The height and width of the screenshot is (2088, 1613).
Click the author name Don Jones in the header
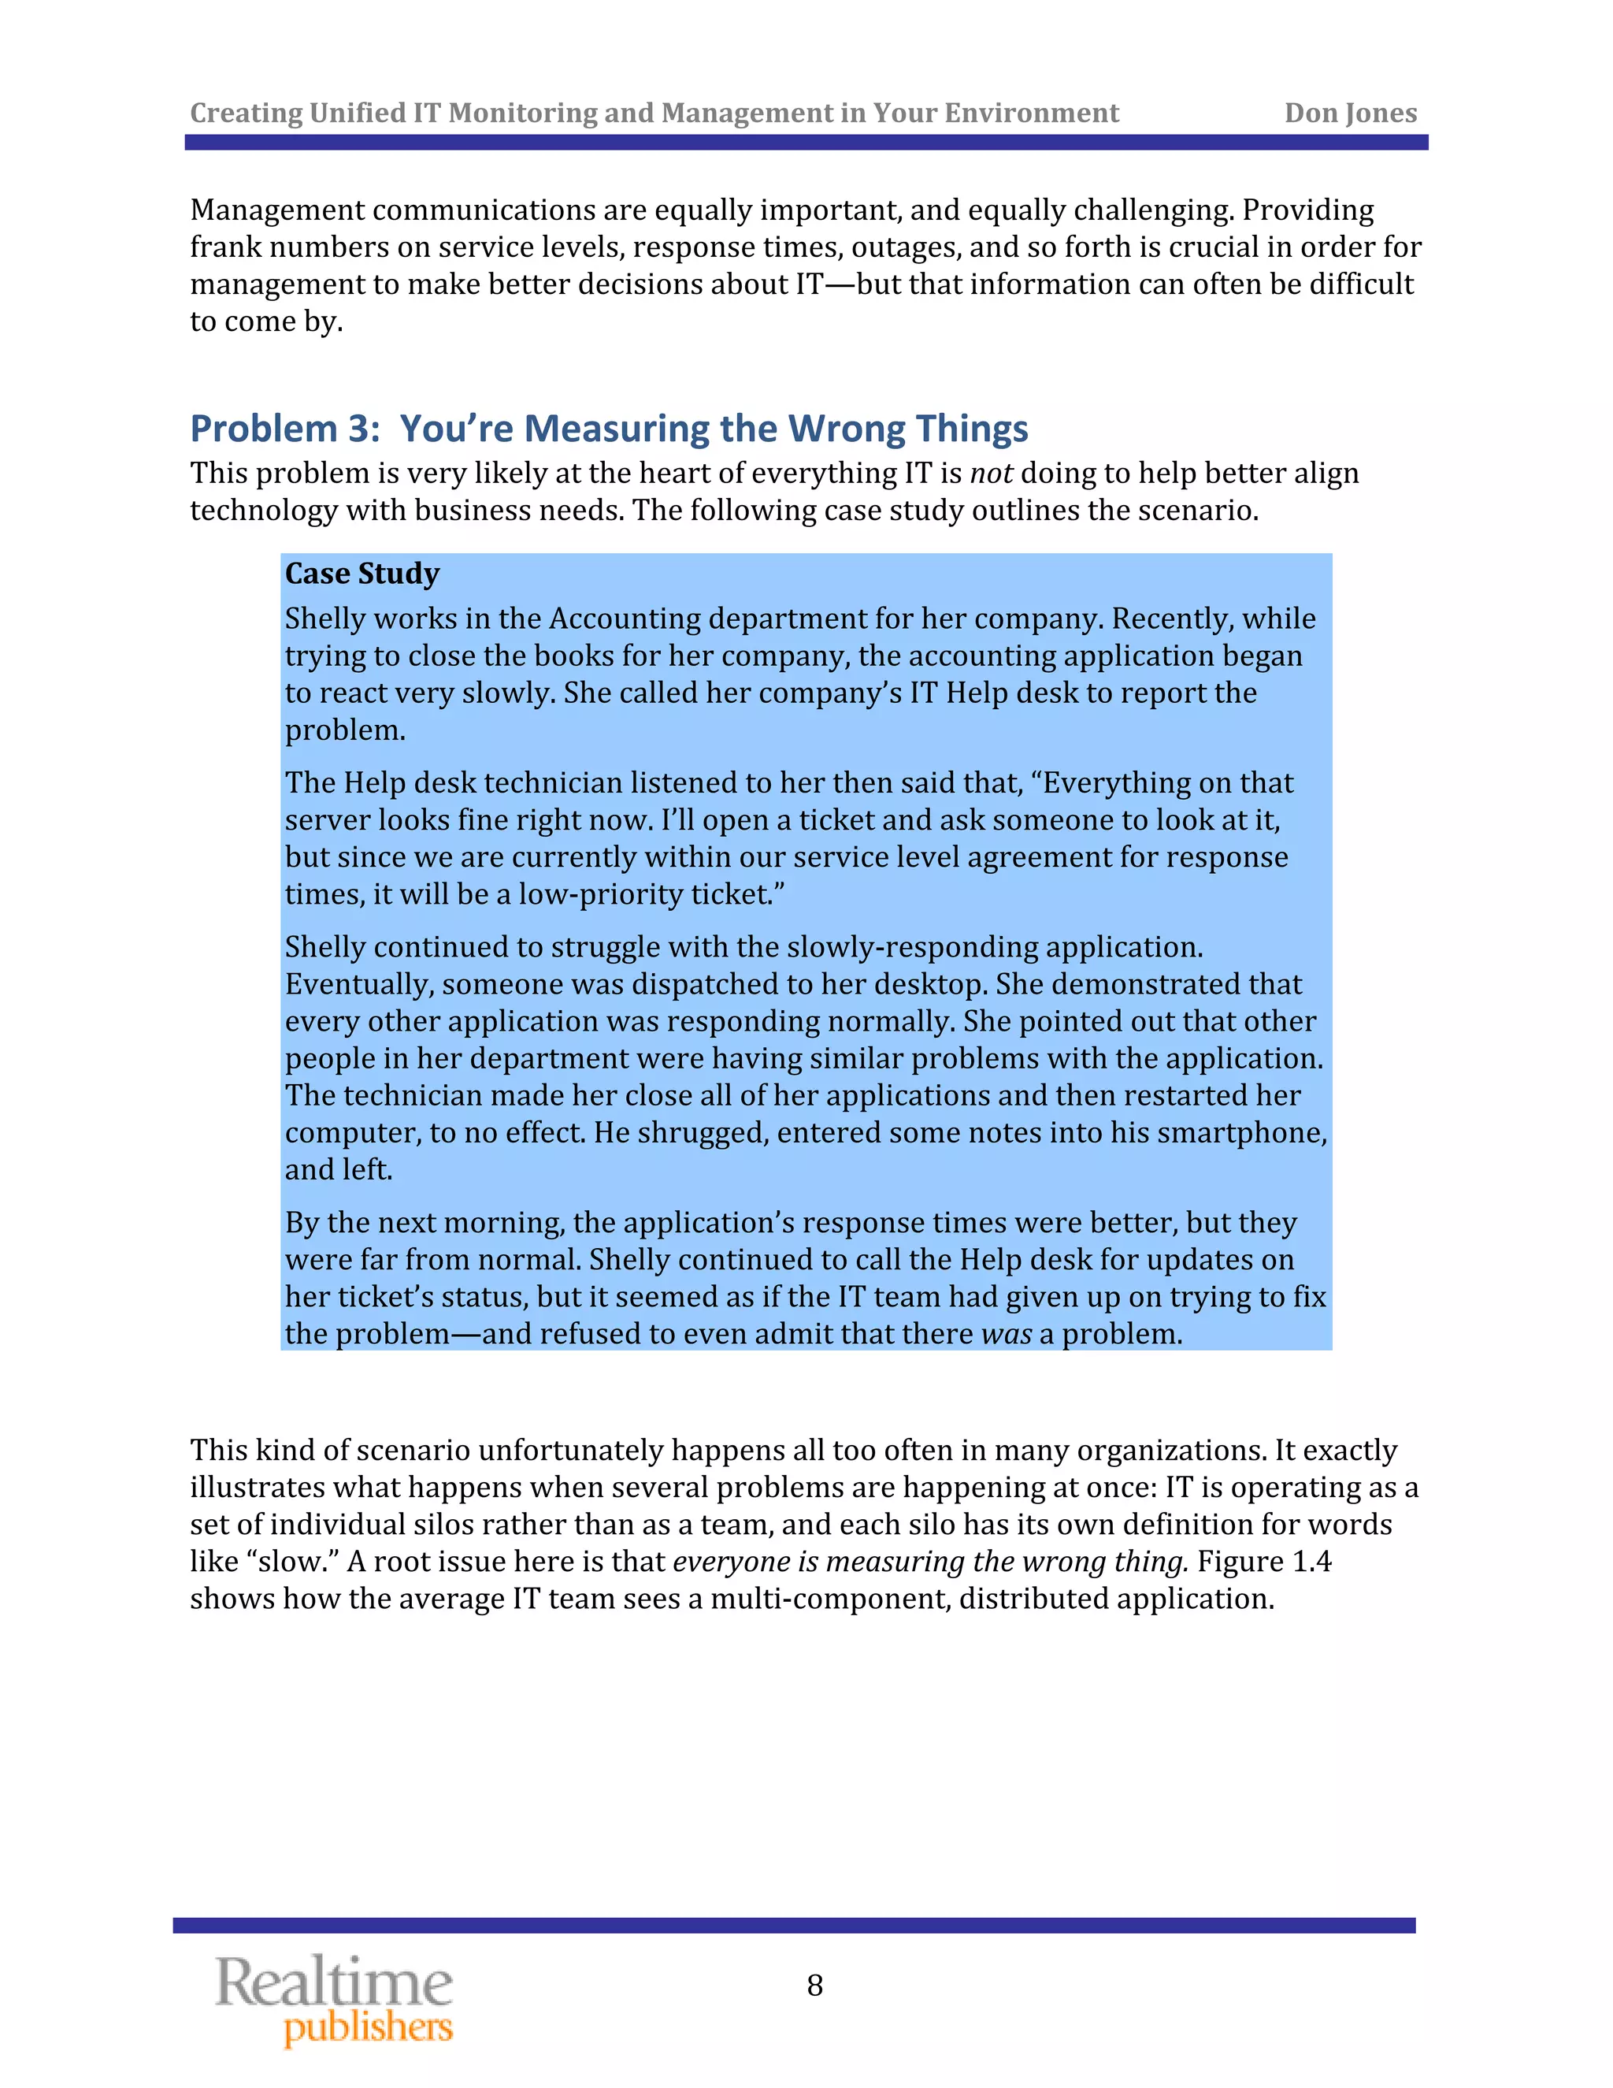pyautogui.click(x=1349, y=113)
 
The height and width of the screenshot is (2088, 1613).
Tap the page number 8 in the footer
pyautogui.click(x=814, y=1986)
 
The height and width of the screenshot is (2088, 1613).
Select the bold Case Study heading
pyautogui.click(x=362, y=574)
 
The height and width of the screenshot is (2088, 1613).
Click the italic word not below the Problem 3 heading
pyautogui.click(x=991, y=474)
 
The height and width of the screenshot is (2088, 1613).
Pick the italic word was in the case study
pyautogui.click(x=1007, y=1335)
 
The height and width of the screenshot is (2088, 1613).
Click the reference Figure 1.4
pyautogui.click(x=1263, y=1561)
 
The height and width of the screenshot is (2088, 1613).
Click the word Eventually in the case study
pyautogui.click(x=358, y=985)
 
